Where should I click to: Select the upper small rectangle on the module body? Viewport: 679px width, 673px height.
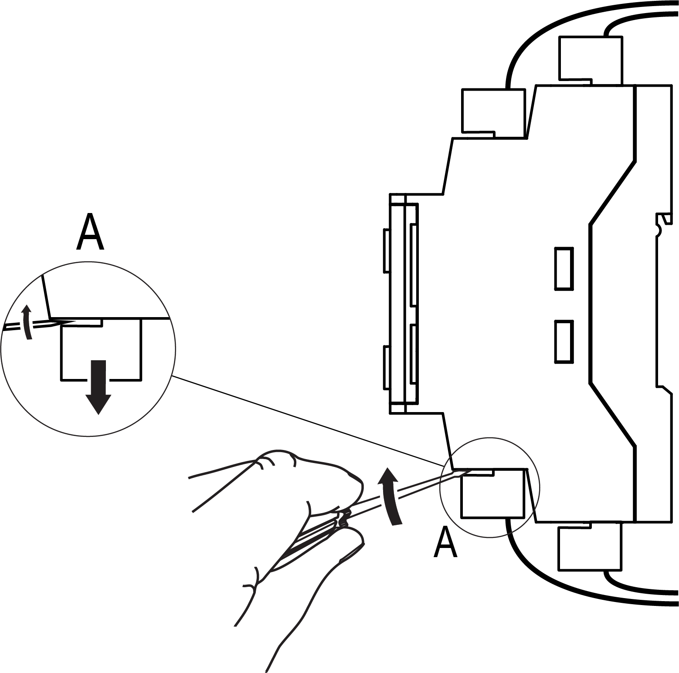point(564,268)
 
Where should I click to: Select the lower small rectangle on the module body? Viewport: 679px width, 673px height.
point(564,342)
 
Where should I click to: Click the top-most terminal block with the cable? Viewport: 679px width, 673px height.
point(591,60)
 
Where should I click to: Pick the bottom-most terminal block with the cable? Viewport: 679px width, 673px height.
point(590,548)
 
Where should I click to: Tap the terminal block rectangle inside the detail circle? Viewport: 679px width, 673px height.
point(101,353)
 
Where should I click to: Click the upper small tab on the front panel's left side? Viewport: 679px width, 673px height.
point(386,250)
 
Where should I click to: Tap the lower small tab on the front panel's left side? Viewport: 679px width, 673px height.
point(386,367)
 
